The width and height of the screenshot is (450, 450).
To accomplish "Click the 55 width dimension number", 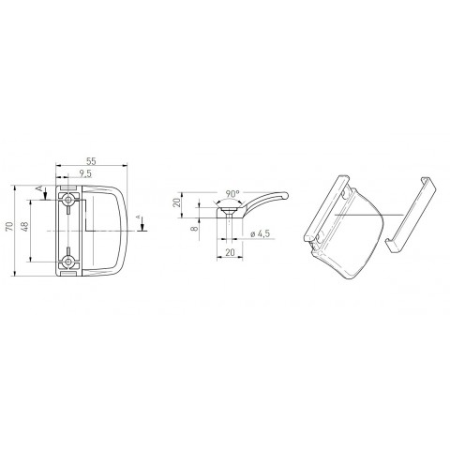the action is click(x=91, y=161).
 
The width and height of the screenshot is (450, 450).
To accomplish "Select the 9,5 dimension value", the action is click(x=85, y=173).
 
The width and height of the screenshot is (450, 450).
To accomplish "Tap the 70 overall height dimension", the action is click(x=9, y=226).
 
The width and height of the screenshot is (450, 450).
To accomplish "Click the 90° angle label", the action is click(x=232, y=194).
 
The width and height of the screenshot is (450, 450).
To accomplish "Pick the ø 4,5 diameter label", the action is click(x=260, y=233).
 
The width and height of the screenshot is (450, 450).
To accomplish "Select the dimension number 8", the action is click(x=195, y=228).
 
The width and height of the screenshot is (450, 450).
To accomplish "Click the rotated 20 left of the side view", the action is click(x=177, y=202).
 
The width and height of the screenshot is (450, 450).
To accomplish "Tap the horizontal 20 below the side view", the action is click(x=230, y=252).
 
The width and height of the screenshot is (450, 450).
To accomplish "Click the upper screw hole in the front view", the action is click(x=67, y=200).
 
